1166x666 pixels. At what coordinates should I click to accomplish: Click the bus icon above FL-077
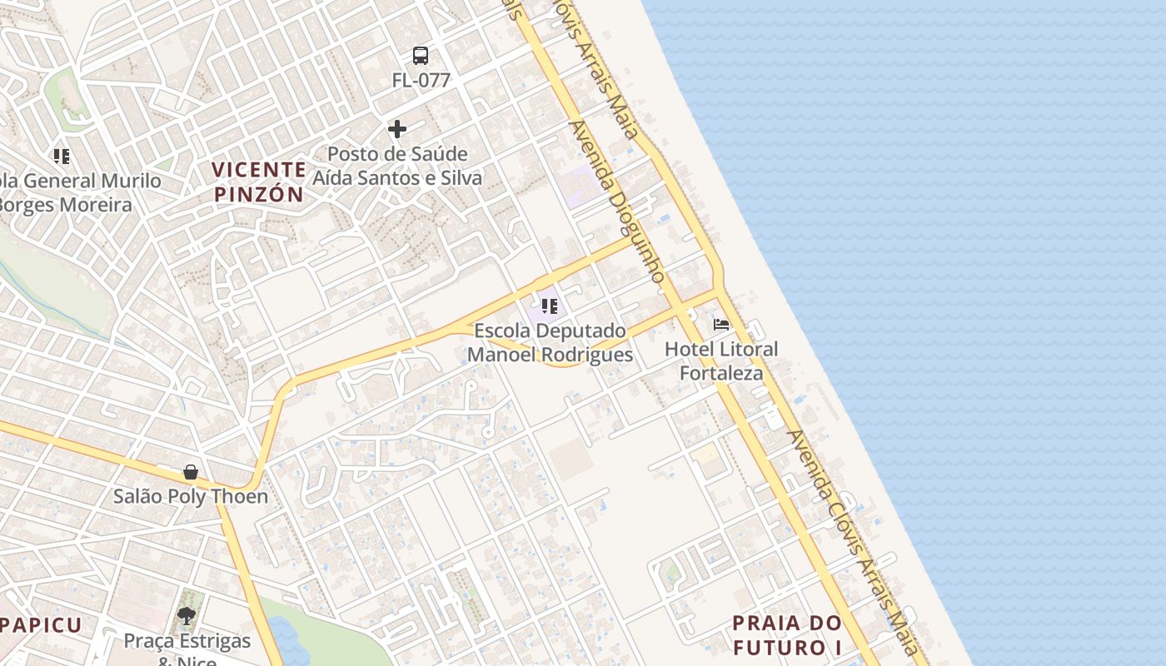[x=421, y=56]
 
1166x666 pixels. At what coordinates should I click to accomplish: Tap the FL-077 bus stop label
[x=421, y=81]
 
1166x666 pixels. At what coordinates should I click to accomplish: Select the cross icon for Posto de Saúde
[x=397, y=129]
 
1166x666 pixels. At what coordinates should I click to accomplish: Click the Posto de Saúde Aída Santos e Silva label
[x=397, y=166]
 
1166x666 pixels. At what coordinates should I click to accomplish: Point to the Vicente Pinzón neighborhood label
[x=258, y=181]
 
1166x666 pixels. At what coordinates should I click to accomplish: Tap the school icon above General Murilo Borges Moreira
[x=61, y=156]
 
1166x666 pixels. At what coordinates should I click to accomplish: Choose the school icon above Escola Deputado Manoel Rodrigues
[x=549, y=306]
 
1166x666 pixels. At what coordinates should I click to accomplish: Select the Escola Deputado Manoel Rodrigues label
[x=550, y=342]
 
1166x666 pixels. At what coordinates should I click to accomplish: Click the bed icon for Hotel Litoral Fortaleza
[x=721, y=324]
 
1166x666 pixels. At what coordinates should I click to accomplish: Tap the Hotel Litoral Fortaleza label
[x=721, y=360]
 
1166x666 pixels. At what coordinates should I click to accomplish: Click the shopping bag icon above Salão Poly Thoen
[x=191, y=472]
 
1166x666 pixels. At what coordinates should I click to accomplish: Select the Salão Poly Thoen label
[x=191, y=497]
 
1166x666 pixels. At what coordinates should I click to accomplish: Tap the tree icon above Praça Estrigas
[x=187, y=616]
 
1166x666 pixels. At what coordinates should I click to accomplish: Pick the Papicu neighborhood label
[x=40, y=625]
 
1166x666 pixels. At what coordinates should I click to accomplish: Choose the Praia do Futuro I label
[x=787, y=634]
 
